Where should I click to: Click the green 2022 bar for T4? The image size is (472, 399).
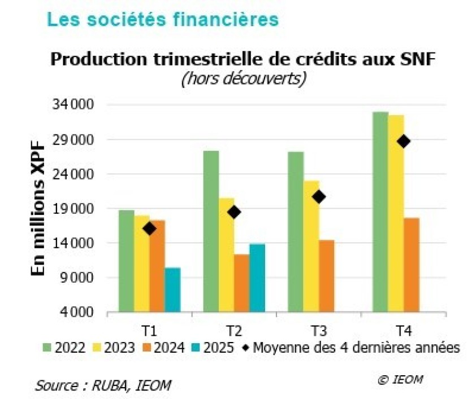point(380,212)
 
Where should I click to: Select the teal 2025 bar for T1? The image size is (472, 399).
point(172,290)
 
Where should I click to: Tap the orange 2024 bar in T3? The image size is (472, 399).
point(326,276)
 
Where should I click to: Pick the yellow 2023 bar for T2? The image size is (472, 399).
point(226,255)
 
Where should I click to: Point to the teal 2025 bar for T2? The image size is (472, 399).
point(257,278)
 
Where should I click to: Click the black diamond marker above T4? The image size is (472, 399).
point(404,141)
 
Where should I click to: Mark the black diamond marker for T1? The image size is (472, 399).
point(149,229)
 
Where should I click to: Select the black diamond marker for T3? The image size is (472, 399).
point(319,196)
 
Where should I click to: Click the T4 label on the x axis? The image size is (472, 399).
point(404,330)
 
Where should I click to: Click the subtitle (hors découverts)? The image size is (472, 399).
point(244,78)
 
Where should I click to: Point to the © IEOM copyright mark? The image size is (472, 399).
point(400,379)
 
